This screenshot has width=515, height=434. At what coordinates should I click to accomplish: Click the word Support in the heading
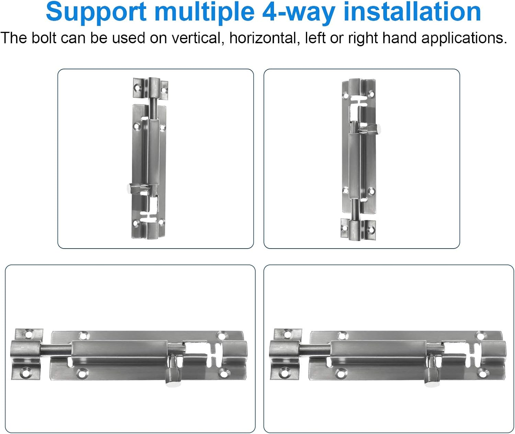(96, 12)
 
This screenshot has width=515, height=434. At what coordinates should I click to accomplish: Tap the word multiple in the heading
(204, 12)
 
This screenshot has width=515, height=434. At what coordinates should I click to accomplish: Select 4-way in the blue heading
(299, 12)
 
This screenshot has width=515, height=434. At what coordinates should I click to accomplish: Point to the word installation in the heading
(412, 12)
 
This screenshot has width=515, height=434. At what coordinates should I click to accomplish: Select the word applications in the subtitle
(464, 38)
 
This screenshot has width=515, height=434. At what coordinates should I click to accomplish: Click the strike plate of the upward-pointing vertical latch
(151, 88)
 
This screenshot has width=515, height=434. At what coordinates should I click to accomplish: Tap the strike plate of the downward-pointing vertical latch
(358, 229)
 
